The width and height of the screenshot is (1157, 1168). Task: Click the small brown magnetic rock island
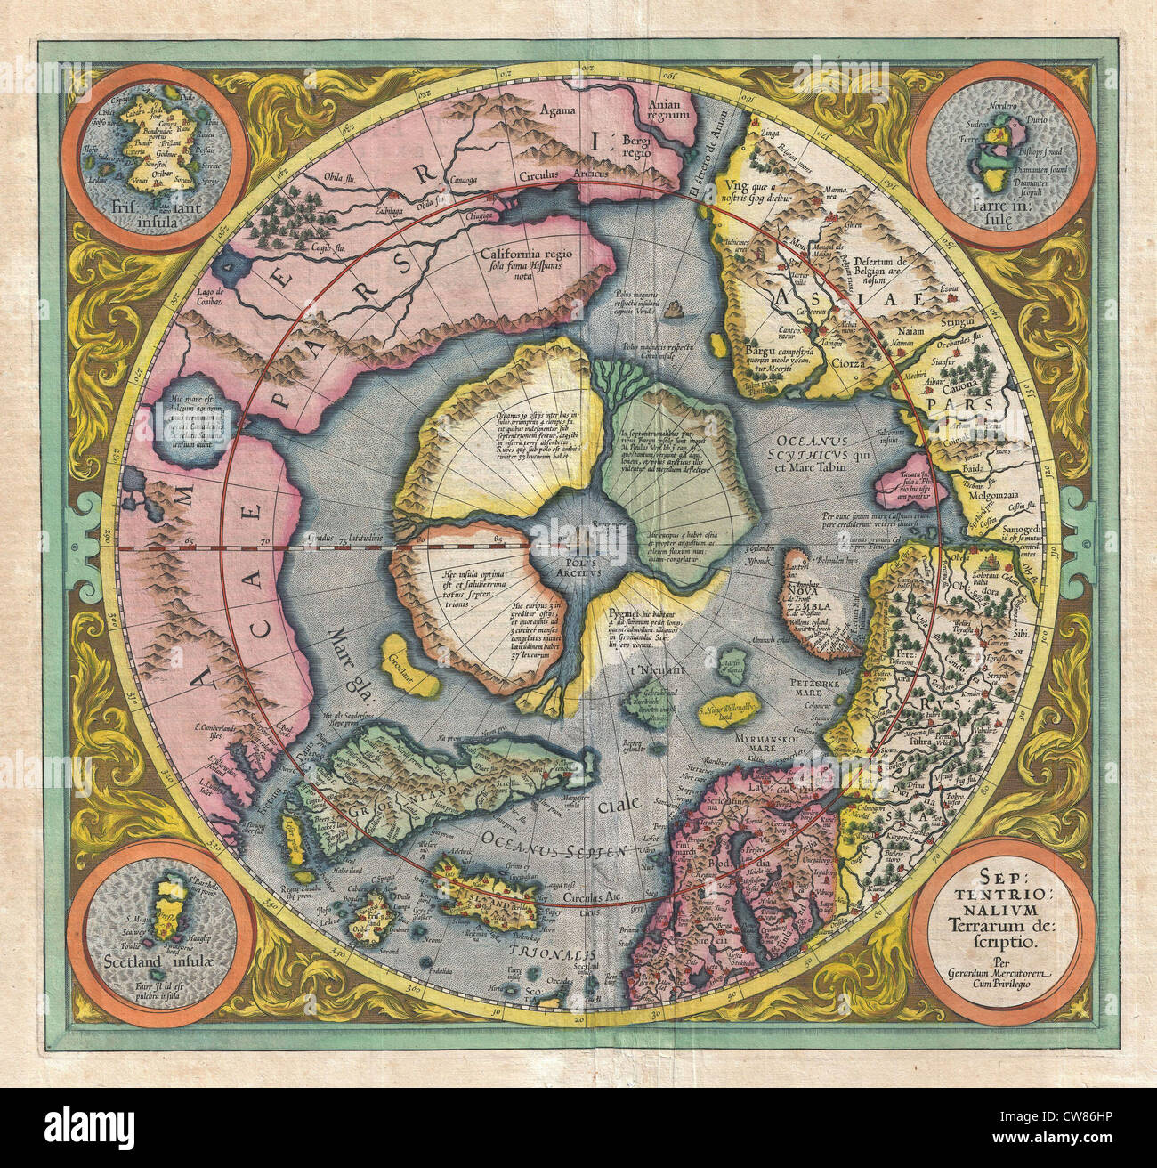click(x=677, y=308)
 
